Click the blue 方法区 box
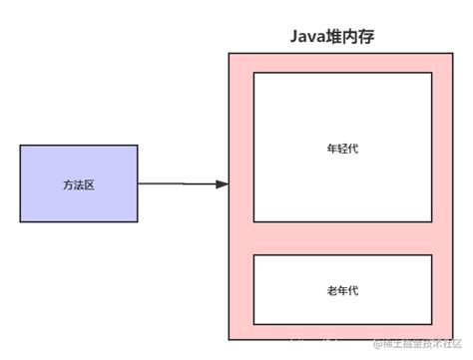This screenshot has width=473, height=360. point(79,183)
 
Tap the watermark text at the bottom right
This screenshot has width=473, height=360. point(419,344)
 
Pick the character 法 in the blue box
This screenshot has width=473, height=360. point(79,184)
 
